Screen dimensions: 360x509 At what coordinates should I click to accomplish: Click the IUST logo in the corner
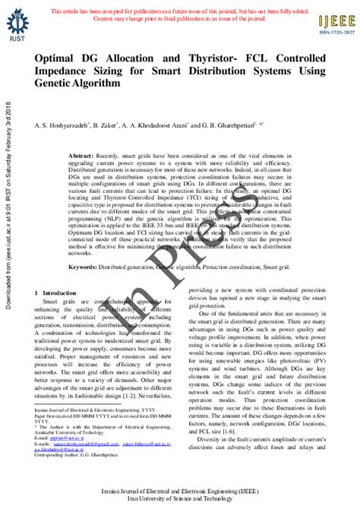[16, 24]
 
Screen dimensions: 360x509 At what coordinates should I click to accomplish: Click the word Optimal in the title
[55, 58]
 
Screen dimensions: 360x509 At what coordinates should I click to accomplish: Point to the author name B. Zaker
[105, 125]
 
